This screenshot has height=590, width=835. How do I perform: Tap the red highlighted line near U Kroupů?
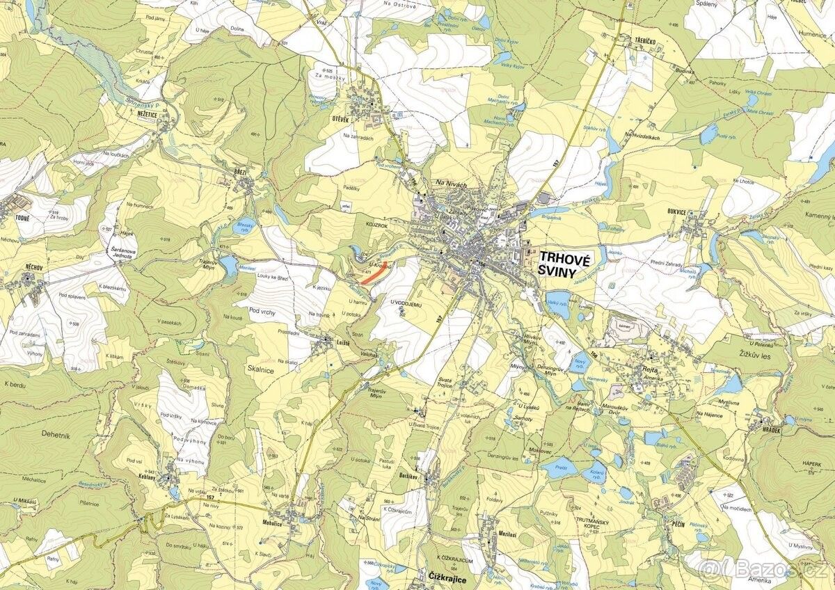tap(371, 275)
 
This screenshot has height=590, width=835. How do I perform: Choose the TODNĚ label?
tap(12, 216)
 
